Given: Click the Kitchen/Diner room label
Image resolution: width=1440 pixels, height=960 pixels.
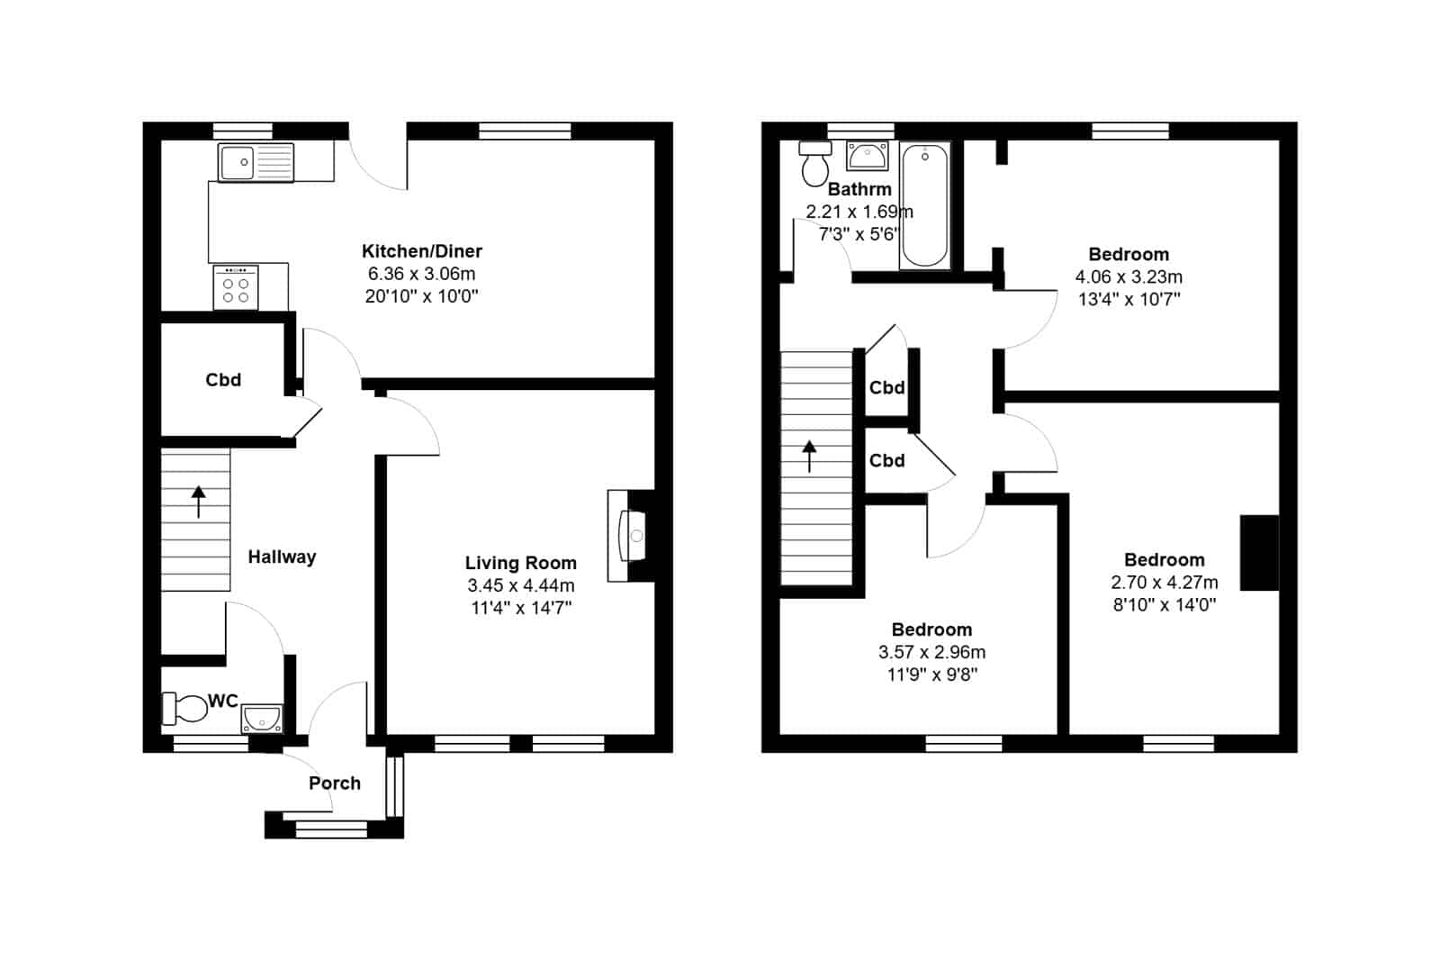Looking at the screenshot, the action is point(422,251).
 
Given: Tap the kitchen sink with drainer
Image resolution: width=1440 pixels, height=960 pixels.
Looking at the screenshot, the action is point(256,162).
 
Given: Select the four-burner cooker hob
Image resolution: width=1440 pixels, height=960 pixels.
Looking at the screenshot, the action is point(236,287).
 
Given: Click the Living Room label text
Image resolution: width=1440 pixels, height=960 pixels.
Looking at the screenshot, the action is point(521,563).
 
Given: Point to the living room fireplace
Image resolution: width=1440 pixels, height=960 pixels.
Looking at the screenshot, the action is point(631,536).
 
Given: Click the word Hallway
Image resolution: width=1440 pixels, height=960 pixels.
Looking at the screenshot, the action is point(283,557).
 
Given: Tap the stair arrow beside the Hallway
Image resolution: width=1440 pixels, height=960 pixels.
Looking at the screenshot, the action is point(199,502).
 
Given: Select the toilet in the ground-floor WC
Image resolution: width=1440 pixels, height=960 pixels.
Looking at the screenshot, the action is point(184,708).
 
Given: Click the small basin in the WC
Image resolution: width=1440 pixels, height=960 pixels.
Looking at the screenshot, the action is point(262,719).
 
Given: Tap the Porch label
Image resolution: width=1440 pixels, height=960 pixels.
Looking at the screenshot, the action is point(334,783).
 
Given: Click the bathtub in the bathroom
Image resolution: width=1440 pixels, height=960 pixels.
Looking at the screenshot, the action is point(924,205).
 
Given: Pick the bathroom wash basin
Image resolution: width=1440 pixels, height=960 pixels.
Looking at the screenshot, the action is point(868,157).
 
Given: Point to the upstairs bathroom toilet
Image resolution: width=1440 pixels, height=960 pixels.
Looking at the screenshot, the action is point(815,163).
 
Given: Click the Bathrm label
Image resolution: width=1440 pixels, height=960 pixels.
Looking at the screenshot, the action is point(859,189).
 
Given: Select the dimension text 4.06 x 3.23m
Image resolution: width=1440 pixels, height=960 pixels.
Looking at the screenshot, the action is point(1129,276).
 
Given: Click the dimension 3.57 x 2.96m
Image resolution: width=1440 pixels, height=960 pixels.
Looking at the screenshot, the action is point(932,652).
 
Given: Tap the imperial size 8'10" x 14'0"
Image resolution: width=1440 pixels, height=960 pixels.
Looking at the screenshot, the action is point(1165,605).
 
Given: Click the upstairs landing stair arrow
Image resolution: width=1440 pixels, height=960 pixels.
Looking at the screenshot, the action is point(809,457).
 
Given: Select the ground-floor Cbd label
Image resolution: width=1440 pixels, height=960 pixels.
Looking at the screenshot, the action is point(224,380).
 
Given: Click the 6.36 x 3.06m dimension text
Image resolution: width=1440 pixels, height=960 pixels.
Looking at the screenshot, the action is point(422,274).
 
